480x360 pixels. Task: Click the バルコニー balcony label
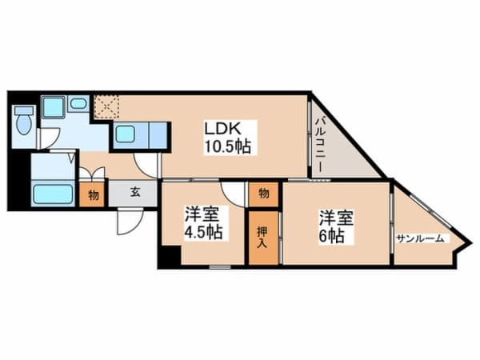coord(318,145)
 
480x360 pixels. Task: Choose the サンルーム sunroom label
coord(420,238)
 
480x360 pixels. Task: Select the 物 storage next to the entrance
coord(93,194)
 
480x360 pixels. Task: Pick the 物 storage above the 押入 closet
coord(263,193)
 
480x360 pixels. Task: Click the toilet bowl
coord(23,122)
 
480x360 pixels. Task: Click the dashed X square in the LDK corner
coord(105,106)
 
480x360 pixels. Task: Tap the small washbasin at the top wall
coord(78,102)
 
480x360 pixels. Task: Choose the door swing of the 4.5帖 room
coord(233,193)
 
